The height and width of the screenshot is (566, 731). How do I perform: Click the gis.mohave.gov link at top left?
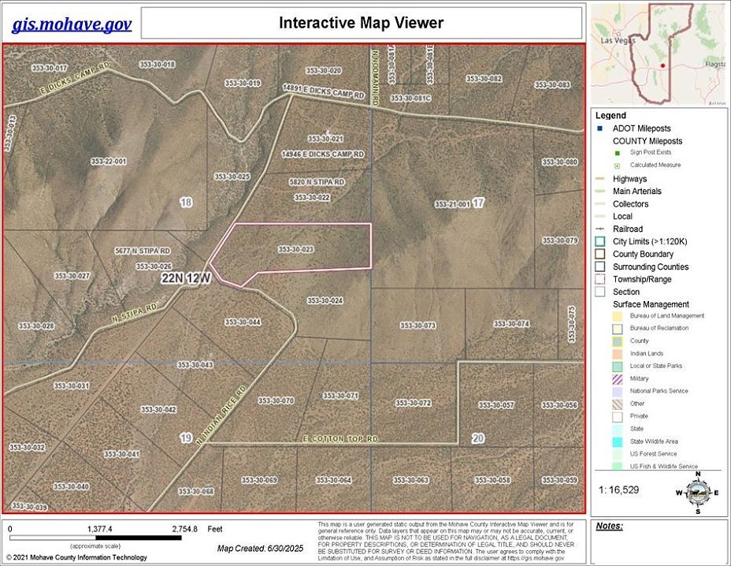point(71,24)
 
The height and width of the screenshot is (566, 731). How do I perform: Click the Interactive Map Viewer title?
point(362,22)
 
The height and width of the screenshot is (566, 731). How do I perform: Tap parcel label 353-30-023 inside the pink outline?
point(296,249)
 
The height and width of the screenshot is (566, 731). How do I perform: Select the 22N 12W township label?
point(187,278)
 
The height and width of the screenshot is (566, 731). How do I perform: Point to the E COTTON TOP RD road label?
point(340,438)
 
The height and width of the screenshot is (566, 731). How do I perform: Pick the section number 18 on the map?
point(186,203)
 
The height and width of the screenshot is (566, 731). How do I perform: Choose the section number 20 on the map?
point(478,438)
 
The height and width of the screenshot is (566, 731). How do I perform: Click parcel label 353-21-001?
point(452,204)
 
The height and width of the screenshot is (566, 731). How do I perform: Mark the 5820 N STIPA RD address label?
point(317,182)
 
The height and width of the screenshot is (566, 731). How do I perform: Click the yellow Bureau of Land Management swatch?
point(618,316)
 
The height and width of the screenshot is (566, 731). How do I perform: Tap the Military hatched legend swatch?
point(618,378)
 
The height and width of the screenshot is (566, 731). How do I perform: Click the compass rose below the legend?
point(695,491)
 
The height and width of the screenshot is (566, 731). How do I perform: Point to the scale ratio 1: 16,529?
point(620,490)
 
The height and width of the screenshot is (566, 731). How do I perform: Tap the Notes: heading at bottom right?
point(610,526)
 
